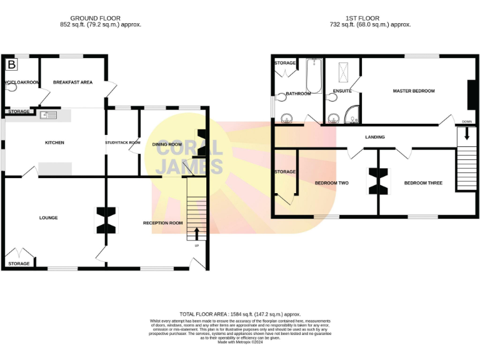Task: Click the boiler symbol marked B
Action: (11, 64)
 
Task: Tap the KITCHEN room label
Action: (54, 142)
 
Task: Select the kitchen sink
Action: (48, 115)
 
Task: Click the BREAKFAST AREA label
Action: (72, 82)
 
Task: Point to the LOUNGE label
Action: (48, 217)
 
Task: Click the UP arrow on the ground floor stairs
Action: (197, 234)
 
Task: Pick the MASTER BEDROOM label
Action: (413, 91)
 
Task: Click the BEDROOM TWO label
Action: (331, 183)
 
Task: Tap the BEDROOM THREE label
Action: (423, 183)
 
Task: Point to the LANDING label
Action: (375, 137)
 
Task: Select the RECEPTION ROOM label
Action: (162, 223)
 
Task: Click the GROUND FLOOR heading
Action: (95, 18)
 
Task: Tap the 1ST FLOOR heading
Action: (362, 18)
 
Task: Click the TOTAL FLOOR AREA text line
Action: (240, 314)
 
